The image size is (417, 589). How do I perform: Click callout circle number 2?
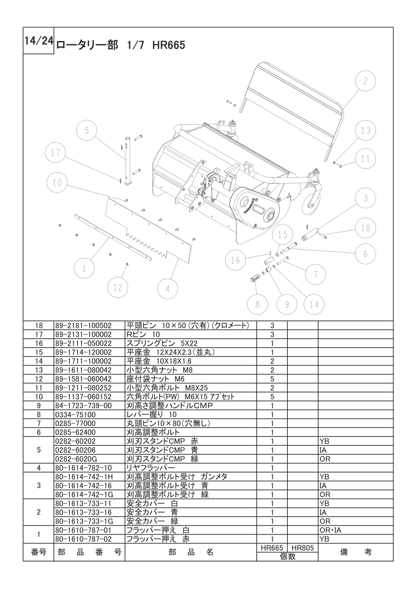(366, 81)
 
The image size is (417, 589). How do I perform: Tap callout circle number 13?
(366, 131)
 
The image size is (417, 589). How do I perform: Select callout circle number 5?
(87, 131)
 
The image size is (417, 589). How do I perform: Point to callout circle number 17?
(55, 153)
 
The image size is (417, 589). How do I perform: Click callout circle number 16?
(235, 260)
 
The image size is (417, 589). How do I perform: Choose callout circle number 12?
(118, 288)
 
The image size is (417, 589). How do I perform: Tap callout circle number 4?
(168, 289)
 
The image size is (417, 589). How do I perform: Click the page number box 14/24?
(39, 40)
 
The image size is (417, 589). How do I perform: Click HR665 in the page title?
(169, 45)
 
